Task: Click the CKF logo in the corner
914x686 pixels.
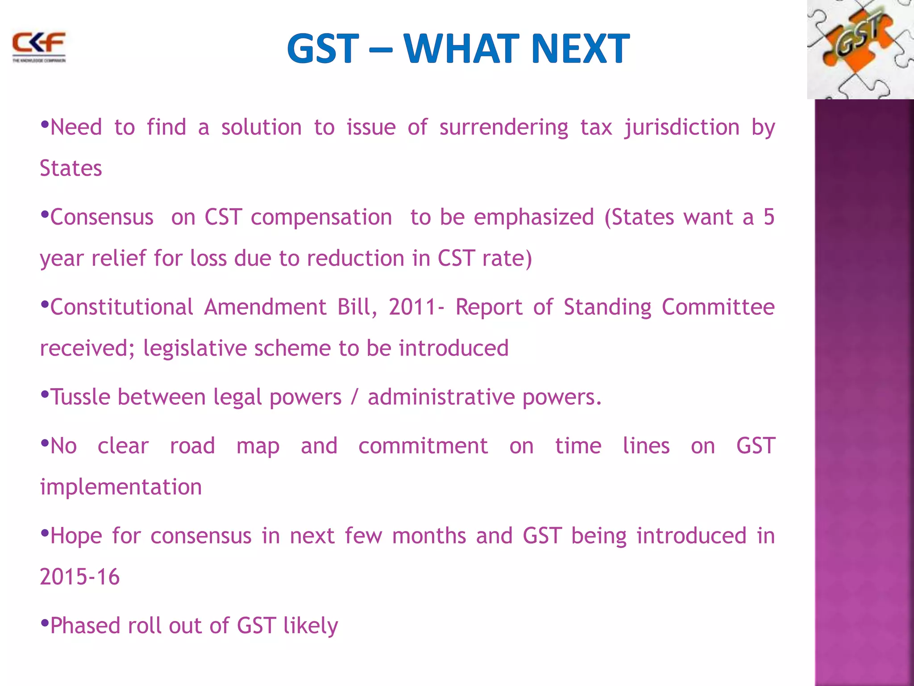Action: tap(39, 46)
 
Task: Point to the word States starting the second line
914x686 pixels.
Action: tap(71, 169)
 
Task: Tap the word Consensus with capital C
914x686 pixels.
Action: tap(102, 218)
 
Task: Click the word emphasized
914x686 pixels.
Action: tap(534, 218)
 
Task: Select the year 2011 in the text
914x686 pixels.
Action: tap(413, 307)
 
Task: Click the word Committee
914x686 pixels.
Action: tap(718, 307)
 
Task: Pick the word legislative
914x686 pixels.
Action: tap(195, 348)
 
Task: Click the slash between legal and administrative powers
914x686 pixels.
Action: tap(354, 397)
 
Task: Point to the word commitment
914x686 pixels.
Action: tap(423, 446)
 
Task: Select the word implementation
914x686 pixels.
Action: tap(121, 487)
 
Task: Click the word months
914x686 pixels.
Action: tap(429, 536)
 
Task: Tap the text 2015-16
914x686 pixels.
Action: tap(80, 577)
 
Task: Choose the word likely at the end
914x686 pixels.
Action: tap(311, 626)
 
